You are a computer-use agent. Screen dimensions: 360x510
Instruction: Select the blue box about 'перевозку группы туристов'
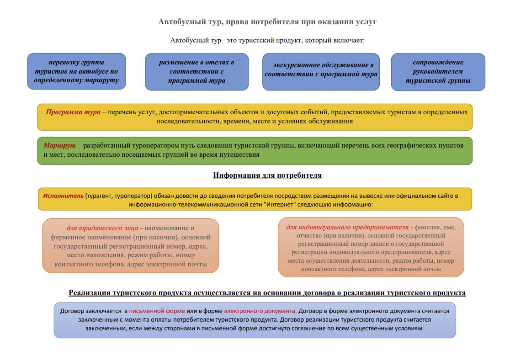76,71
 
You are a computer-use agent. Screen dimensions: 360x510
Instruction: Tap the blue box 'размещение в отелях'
197,72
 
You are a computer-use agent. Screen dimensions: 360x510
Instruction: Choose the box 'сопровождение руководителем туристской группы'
438,72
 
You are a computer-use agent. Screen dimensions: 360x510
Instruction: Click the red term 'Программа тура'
73,112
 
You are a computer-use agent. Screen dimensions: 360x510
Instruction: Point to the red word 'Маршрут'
59,145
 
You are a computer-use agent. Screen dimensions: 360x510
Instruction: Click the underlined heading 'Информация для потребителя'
267,175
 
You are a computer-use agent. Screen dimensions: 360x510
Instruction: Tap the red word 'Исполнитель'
63,196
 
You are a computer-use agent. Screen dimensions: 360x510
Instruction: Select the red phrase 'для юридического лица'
102,228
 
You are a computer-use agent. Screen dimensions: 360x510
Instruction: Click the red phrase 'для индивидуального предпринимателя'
347,227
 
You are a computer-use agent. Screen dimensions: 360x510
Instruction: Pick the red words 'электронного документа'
260,311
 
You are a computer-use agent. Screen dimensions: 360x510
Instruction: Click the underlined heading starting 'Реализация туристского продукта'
267,293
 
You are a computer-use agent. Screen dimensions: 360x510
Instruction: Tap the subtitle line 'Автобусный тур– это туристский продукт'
267,40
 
